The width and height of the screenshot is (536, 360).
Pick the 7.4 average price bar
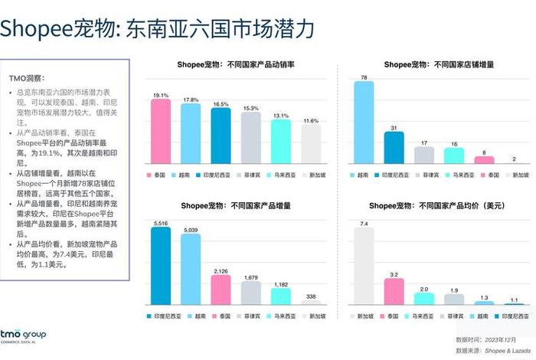pos(364,267)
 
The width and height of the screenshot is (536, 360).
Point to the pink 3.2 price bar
pos(394,292)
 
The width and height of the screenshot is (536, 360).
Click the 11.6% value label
pos(311,120)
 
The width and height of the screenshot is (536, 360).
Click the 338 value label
pos(311,296)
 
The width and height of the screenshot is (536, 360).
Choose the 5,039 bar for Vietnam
pos(191,270)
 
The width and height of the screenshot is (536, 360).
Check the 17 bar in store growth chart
pos(423,155)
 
